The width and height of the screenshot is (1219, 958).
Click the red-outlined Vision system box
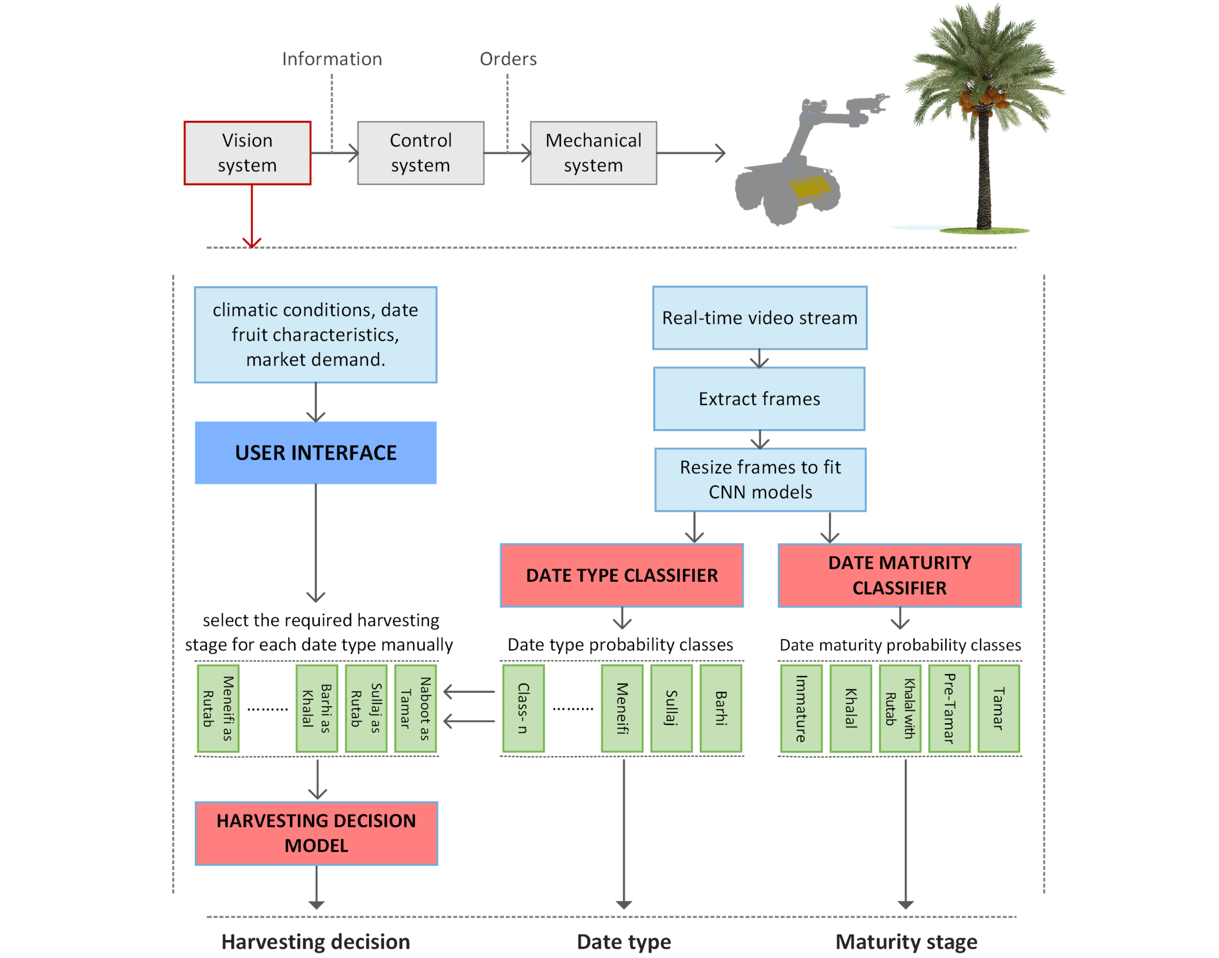(247, 153)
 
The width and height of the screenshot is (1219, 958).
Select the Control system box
(420, 153)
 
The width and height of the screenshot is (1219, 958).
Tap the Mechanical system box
(593, 153)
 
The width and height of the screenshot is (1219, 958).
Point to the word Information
(332, 59)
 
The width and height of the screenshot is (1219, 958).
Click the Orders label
(508, 59)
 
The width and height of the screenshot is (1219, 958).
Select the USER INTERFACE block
(316, 453)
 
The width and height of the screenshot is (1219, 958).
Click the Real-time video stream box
(759, 318)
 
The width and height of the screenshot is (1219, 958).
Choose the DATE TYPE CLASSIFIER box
(621, 575)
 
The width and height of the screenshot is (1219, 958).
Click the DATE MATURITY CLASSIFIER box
(899, 575)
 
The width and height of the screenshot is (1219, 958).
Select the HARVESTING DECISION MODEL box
(316, 833)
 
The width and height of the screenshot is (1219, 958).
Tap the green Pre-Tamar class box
(949, 708)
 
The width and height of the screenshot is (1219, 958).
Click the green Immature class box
(801, 708)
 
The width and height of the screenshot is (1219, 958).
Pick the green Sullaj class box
(671, 708)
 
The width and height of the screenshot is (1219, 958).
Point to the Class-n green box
(523, 708)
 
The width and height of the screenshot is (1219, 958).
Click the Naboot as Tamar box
(415, 708)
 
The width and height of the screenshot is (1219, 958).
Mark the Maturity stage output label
(906, 942)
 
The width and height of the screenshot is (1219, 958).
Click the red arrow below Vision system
(252, 216)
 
